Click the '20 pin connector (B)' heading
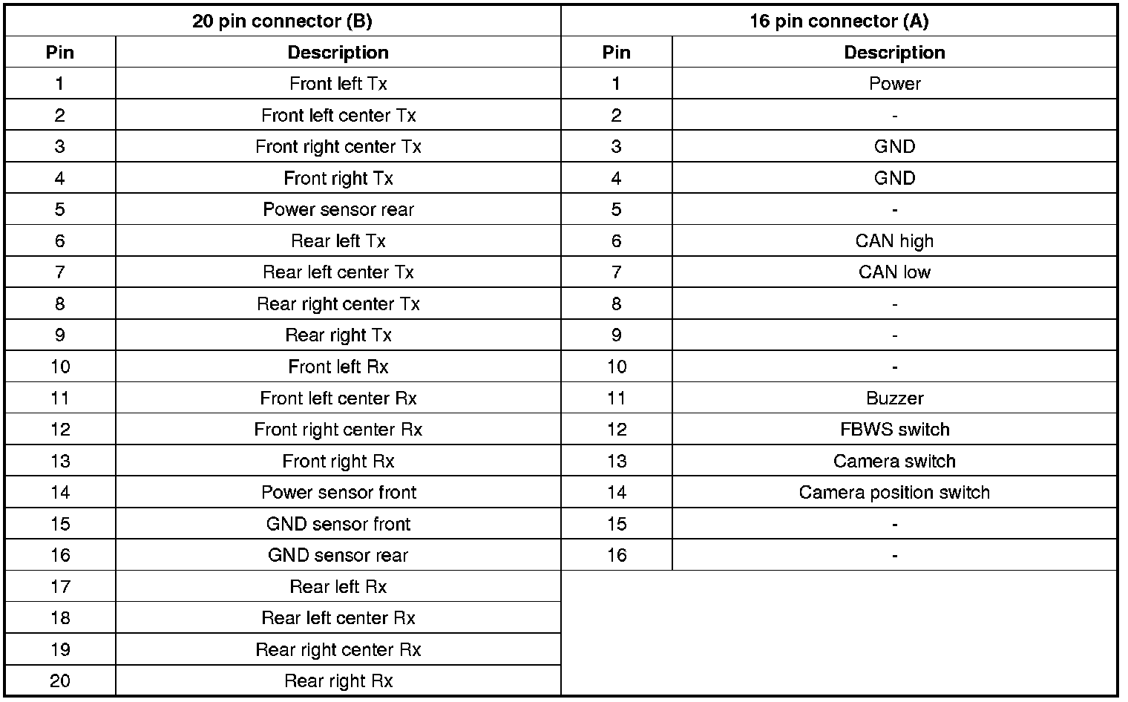(282, 21)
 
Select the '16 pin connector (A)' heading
(839, 21)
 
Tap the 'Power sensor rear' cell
(338, 209)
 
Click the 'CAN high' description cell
(894, 241)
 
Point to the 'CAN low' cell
(894, 272)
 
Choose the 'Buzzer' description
(894, 398)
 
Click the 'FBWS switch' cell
(894, 430)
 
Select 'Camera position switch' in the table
(894, 493)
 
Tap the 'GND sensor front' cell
(338, 524)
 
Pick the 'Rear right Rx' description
(338, 681)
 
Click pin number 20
(60, 681)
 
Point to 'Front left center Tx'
(338, 116)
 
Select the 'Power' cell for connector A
(894, 84)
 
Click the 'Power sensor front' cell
(338, 493)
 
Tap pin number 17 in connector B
(60, 587)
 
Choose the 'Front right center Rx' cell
(338, 430)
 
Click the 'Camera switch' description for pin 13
(894, 462)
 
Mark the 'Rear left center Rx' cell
(338, 618)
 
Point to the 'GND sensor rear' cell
(338, 556)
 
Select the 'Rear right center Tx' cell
(338, 304)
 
